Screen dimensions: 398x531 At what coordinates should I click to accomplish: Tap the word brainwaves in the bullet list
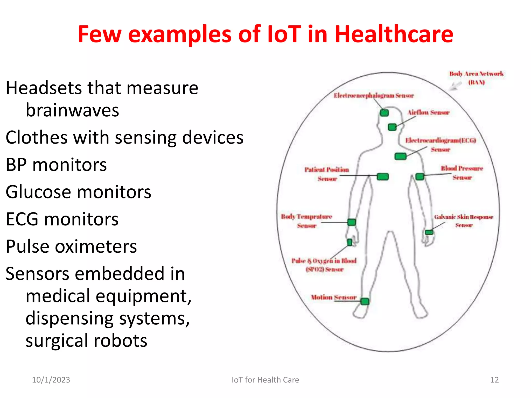72,110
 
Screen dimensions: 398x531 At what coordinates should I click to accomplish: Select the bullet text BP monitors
56,165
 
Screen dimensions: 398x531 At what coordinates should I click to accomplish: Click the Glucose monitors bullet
78,192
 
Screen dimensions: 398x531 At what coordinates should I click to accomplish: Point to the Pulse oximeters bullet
71,246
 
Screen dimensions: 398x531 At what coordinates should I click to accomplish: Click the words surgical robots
86,340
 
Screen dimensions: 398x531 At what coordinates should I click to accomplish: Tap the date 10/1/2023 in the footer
51,380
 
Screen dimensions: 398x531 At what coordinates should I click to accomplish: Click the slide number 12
494,380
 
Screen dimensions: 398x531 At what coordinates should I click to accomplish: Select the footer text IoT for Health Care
265,380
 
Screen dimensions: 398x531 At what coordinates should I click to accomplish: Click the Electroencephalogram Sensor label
374,96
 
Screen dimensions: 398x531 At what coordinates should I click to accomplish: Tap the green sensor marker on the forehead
384,113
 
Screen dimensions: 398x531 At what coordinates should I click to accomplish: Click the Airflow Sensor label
428,112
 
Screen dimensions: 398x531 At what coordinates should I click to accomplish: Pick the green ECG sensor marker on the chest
400,156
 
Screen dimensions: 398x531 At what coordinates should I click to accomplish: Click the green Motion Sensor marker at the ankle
365,301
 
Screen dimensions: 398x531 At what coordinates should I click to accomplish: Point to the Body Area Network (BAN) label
476,78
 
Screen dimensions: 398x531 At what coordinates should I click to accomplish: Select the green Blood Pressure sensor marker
420,177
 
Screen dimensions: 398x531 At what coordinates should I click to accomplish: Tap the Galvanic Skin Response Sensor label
464,221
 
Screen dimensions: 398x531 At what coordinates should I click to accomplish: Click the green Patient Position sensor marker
383,177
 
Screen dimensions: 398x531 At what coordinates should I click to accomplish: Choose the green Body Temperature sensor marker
352,222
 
